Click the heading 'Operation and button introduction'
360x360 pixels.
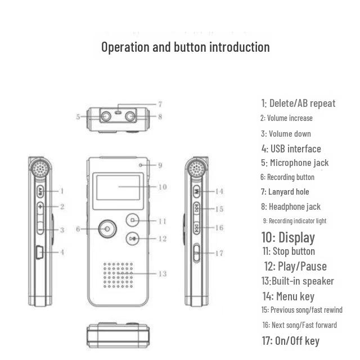185,47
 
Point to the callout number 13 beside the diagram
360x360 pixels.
162,274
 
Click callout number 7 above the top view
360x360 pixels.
160,104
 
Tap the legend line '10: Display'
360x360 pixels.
288,237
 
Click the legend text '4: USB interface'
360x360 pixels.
291,148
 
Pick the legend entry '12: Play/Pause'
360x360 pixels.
295,266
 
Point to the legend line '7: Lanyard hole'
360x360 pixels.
285,192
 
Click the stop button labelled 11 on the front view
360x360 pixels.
133,220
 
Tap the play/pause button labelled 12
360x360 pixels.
132,238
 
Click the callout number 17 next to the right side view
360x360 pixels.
219,253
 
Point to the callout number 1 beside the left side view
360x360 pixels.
62,191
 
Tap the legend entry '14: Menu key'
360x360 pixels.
287,296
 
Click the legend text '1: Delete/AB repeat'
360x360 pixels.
298,103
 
